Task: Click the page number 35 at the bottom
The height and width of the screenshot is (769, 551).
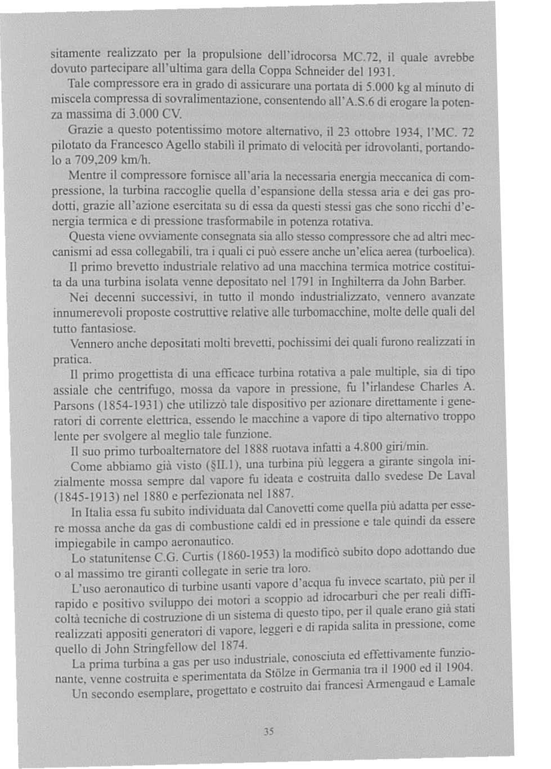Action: point(269,732)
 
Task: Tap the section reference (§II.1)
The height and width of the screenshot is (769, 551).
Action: point(223,464)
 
